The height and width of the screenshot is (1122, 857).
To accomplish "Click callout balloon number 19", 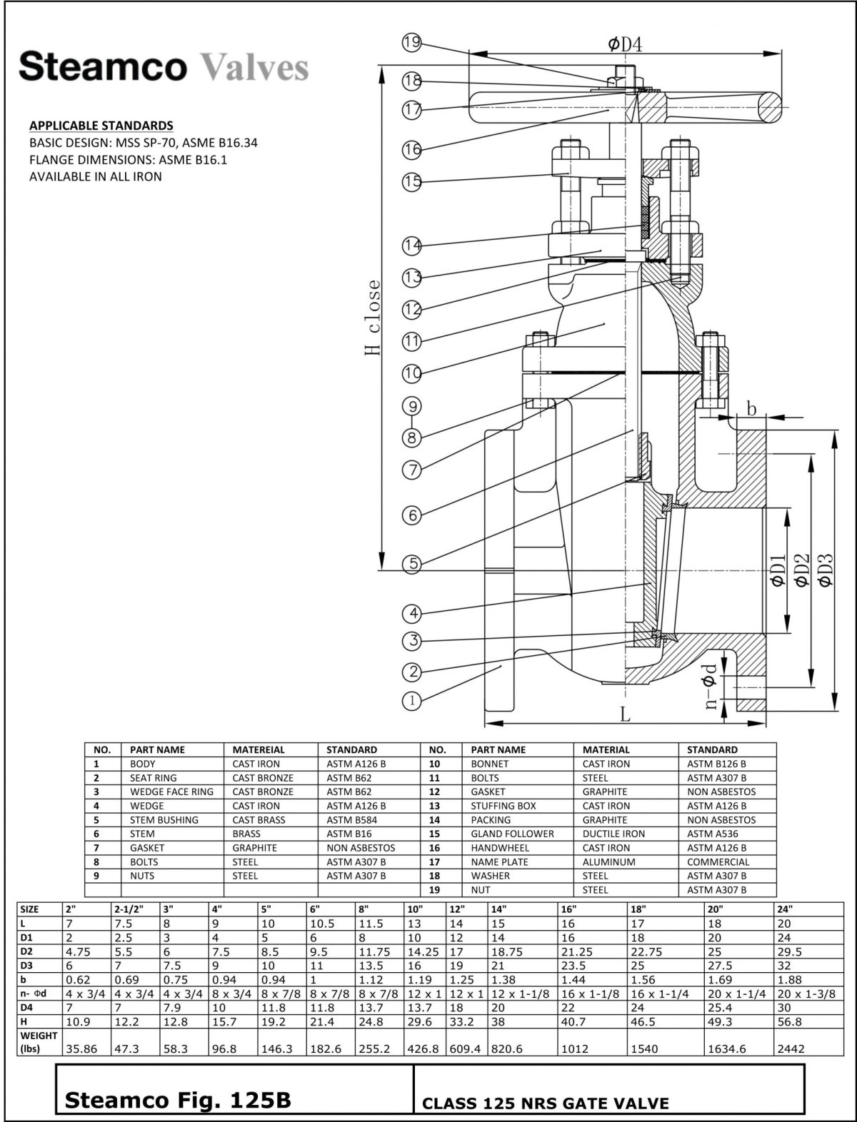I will pyautogui.click(x=412, y=42).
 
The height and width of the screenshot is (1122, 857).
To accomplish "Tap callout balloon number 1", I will pyautogui.click(x=412, y=701).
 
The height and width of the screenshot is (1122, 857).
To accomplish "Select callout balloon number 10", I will pyautogui.click(x=412, y=373).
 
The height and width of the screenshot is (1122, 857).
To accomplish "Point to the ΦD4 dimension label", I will pyautogui.click(x=626, y=44).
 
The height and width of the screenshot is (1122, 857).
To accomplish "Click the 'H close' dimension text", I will pyautogui.click(x=373, y=317).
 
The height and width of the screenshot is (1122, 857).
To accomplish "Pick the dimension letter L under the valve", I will pyautogui.click(x=625, y=714).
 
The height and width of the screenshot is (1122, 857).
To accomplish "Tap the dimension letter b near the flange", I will pyautogui.click(x=751, y=409).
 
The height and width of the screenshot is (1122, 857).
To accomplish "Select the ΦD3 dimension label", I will pyautogui.click(x=826, y=570).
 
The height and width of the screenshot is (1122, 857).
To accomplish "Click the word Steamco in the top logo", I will pyautogui.click(x=103, y=67).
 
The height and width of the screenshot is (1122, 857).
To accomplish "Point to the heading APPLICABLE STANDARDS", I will pyautogui.click(x=101, y=126).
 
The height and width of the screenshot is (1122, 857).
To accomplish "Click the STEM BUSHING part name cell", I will pyautogui.click(x=164, y=820).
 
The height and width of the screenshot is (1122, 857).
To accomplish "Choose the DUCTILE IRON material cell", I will pyautogui.click(x=613, y=834).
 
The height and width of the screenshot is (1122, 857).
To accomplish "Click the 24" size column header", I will pyautogui.click(x=785, y=909).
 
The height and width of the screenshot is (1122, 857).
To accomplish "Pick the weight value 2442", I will pyautogui.click(x=791, y=1048).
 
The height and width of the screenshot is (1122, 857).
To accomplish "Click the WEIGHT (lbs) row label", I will pyautogui.click(x=39, y=1041).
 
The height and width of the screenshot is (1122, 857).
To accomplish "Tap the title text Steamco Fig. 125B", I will pyautogui.click(x=178, y=1100).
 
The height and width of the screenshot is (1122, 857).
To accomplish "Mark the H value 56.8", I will pyautogui.click(x=789, y=1021).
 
